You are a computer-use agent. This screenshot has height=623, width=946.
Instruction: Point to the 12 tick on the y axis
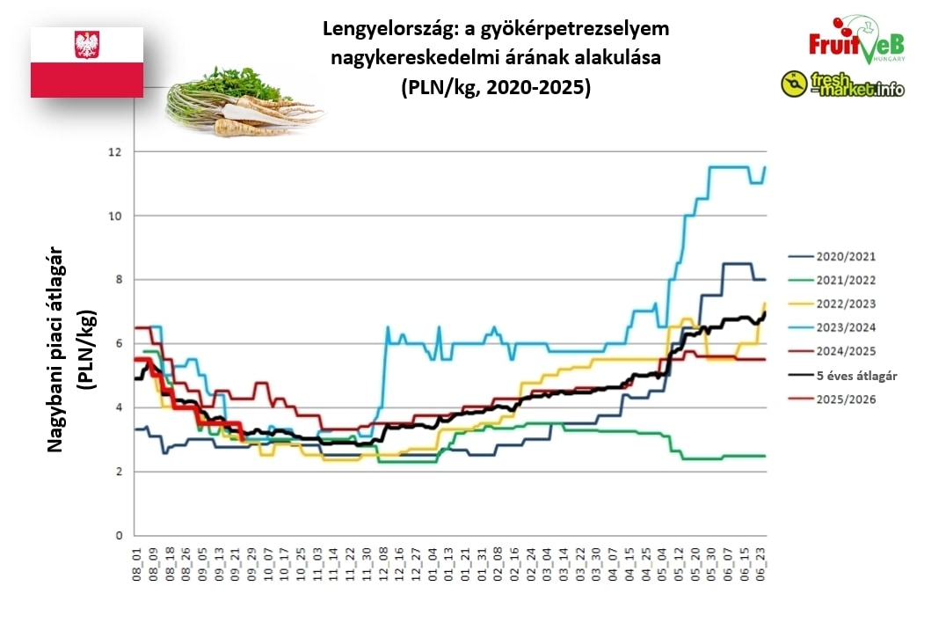(x=115, y=152)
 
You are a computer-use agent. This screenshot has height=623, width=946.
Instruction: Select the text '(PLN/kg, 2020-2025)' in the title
(x=496, y=88)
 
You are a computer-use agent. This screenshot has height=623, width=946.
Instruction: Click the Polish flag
(x=87, y=62)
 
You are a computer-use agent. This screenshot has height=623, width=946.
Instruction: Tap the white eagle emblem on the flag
(x=87, y=45)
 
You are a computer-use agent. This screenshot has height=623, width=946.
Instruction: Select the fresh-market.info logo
(x=842, y=84)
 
